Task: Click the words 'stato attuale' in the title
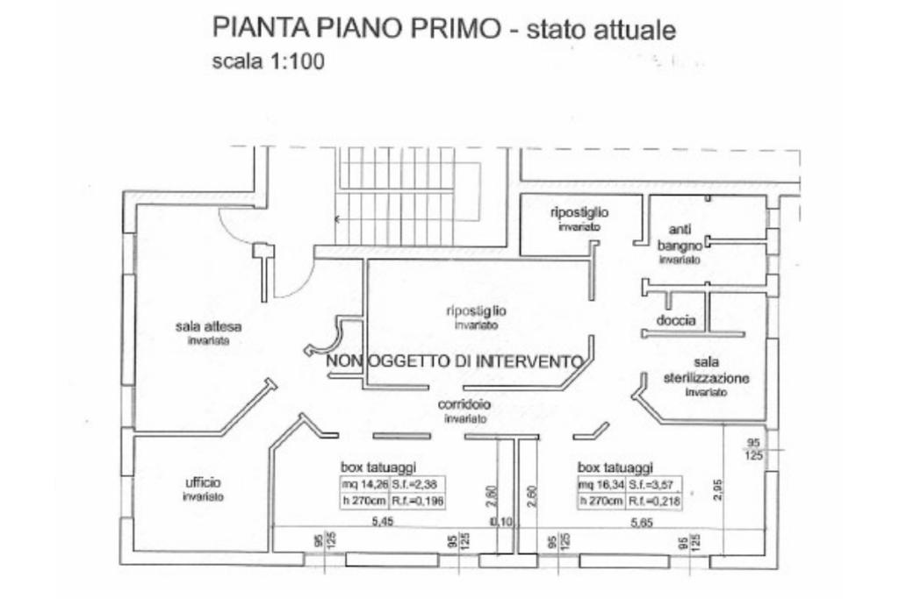[601, 31]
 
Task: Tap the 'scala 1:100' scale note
[269, 62]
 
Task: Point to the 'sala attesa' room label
[208, 328]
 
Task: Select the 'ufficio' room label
[203, 482]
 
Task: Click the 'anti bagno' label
[680, 238]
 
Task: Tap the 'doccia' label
[676, 321]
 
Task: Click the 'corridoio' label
[464, 404]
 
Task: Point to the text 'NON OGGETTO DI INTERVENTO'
[454, 361]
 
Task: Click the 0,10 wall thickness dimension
[501, 522]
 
